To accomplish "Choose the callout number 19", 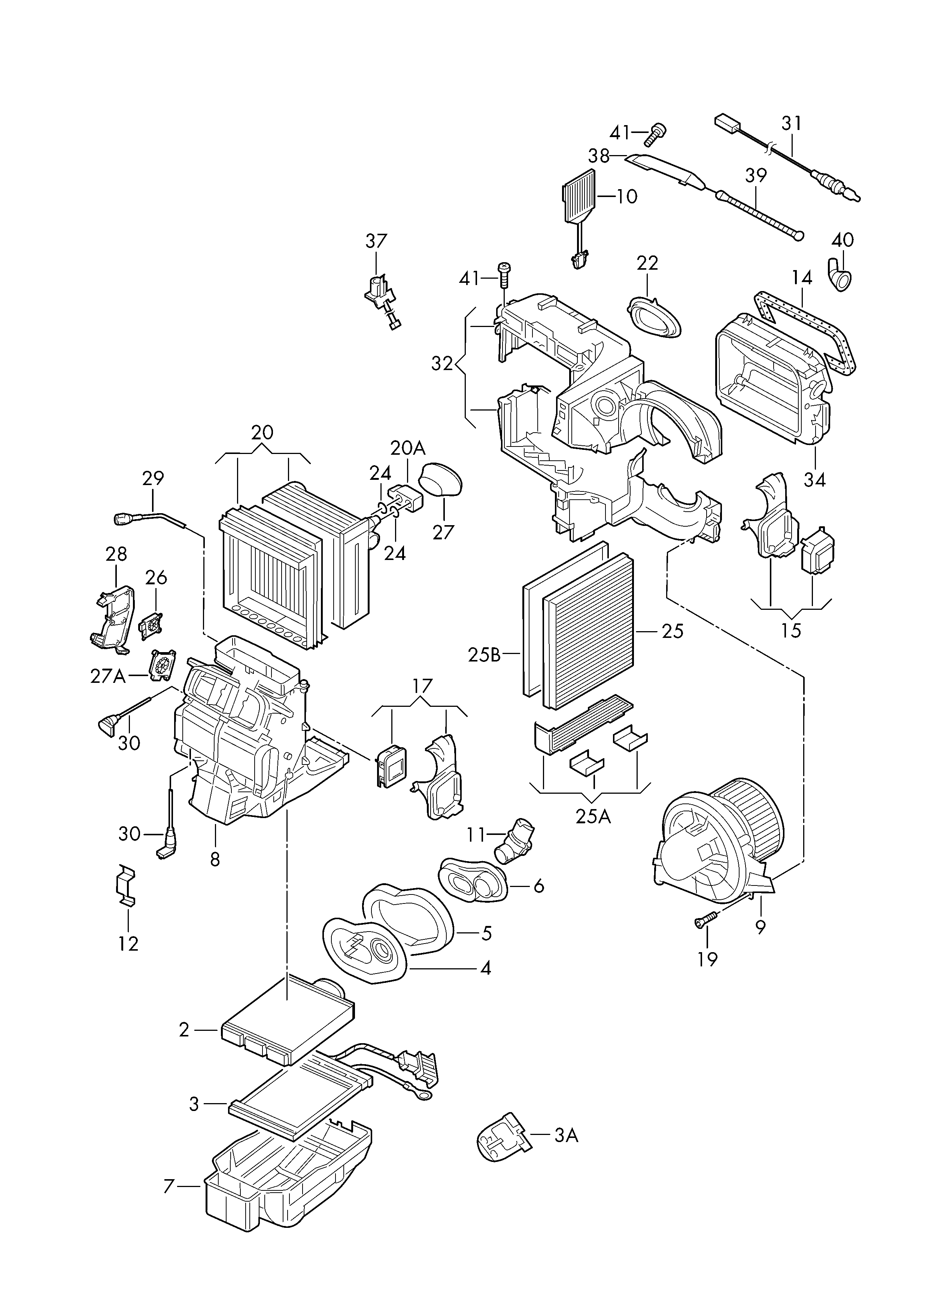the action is click(x=708, y=959).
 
